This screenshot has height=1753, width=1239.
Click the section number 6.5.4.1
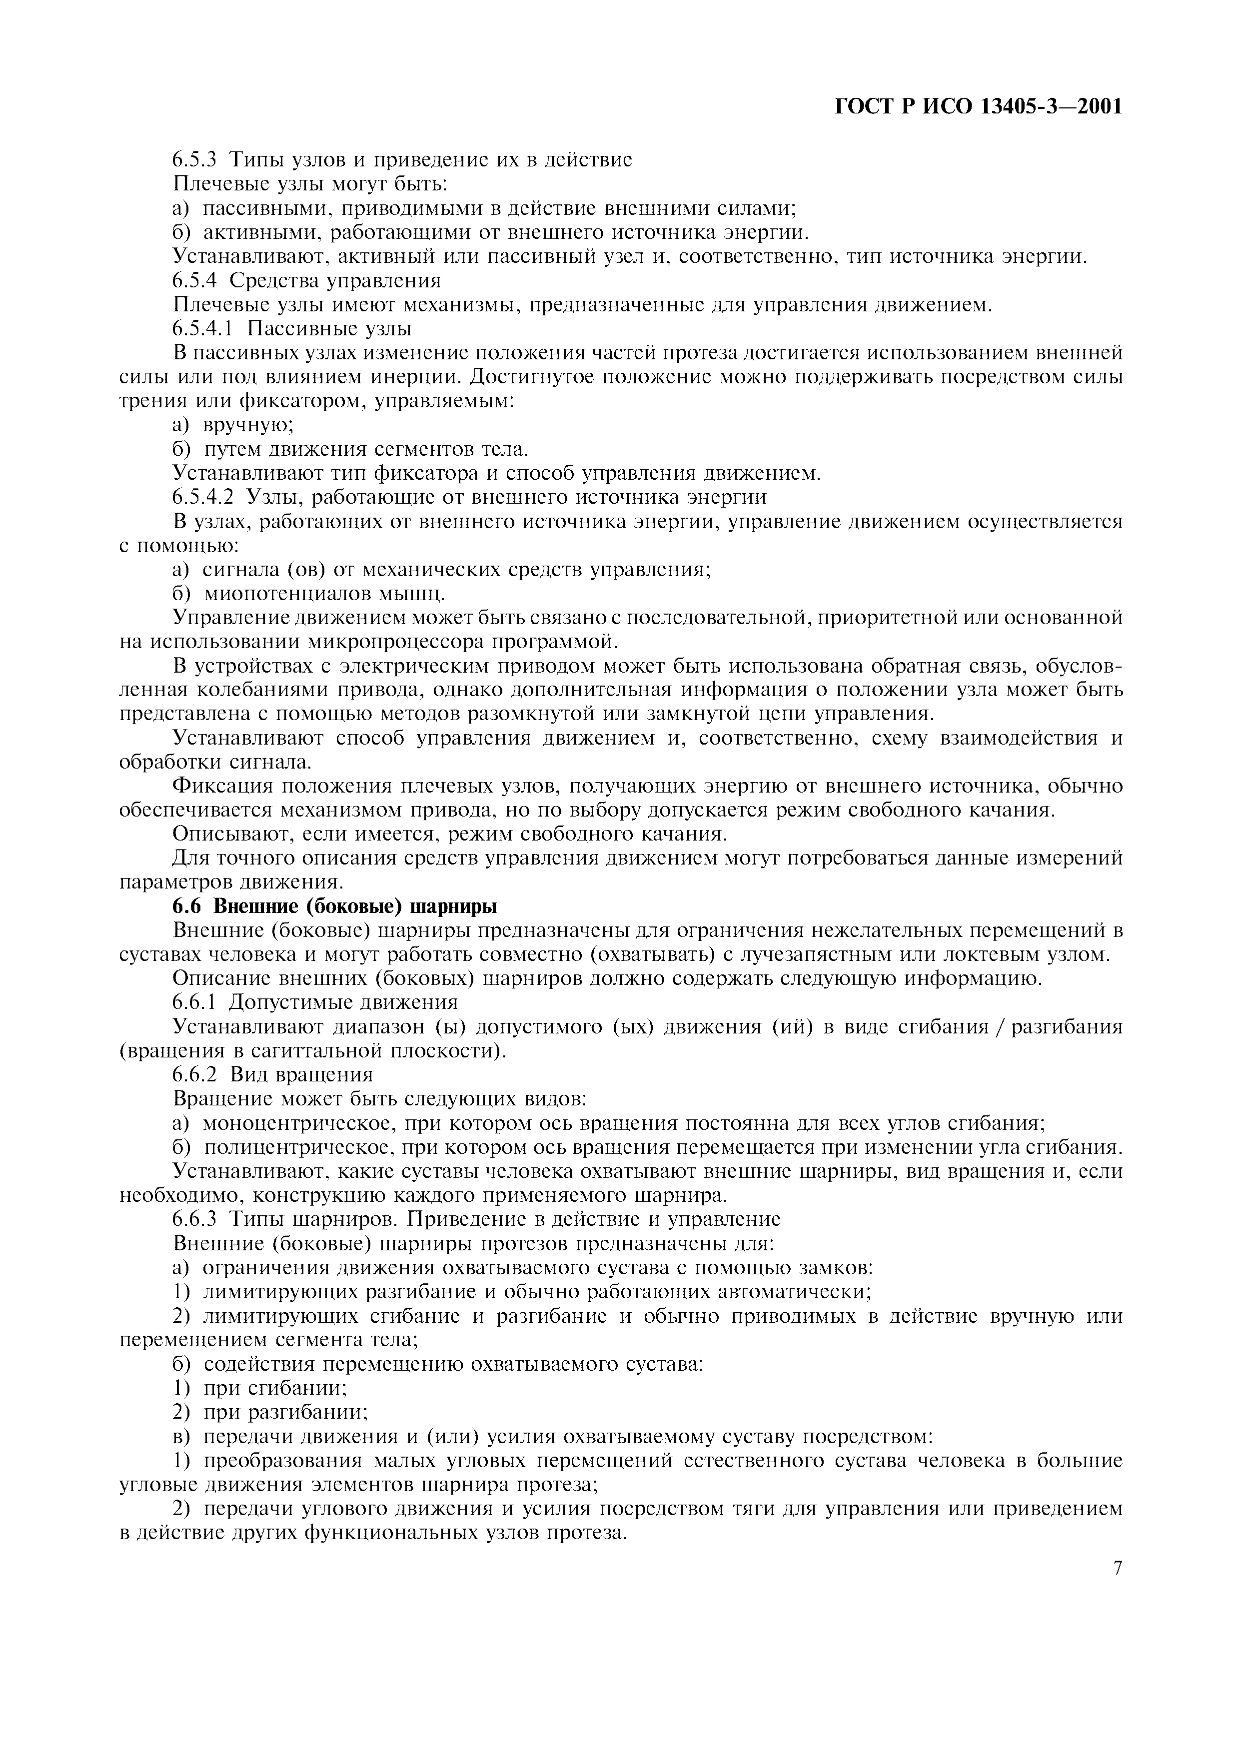(202, 329)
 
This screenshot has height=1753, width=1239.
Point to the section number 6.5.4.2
(202, 498)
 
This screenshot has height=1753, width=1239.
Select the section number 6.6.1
(194, 1002)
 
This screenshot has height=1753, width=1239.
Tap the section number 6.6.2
(194, 1074)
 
